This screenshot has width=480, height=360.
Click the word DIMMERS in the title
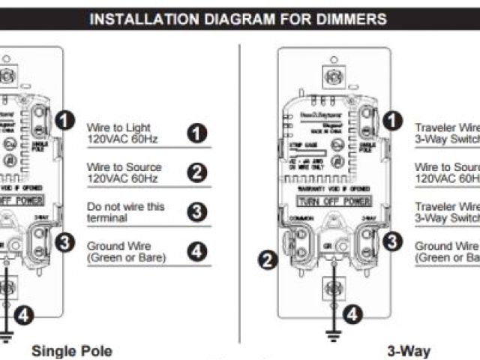[353, 19]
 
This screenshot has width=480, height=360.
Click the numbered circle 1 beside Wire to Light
[197, 133]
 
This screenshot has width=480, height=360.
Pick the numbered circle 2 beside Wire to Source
[197, 172]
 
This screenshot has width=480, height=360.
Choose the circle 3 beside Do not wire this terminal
[197, 211]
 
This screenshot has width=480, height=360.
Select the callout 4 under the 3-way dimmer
[353, 315]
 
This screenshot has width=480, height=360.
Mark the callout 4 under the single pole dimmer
[25, 316]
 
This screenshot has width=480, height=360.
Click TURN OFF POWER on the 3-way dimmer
[334, 202]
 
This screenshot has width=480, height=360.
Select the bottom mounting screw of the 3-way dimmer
[332, 289]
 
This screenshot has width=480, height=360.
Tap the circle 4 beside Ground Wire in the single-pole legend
[197, 251]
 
